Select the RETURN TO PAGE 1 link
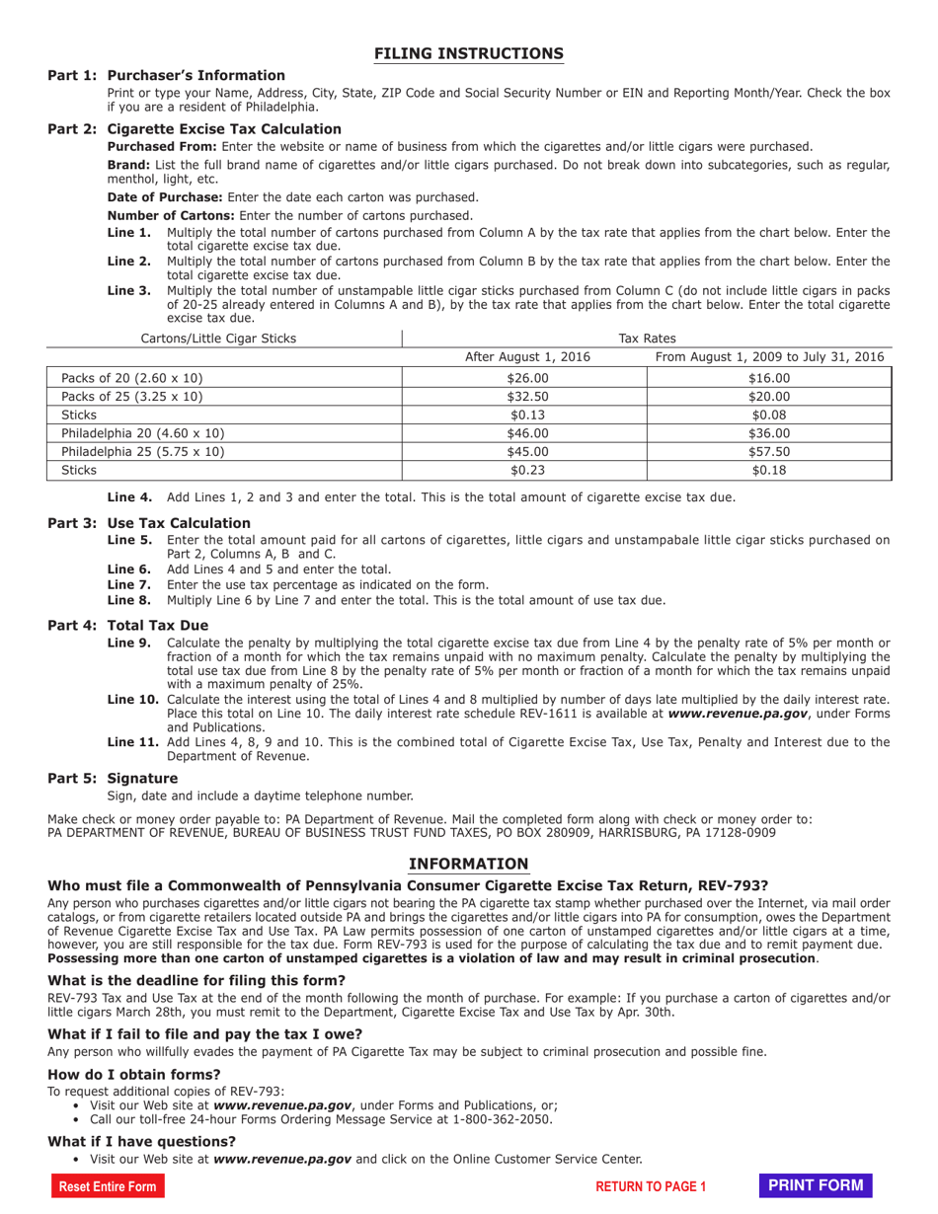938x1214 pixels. [652, 1187]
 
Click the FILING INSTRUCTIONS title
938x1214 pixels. [469, 53]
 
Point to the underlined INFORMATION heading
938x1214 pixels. [469, 864]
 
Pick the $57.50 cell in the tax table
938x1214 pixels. [770, 452]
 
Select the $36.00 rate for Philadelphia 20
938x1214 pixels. [770, 433]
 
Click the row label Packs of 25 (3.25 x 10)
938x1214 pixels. [132, 397]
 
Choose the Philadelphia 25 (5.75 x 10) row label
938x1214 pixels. [143, 452]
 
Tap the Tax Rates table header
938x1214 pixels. [647, 339]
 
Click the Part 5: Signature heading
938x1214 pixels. [113, 778]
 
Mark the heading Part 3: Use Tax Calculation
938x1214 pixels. [149, 522]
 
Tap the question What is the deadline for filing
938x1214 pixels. [196, 980]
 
